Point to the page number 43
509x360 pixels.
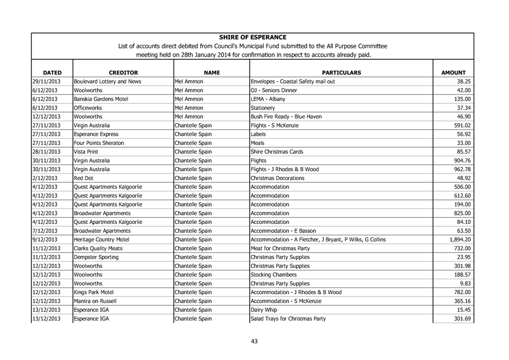tap(254, 341)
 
